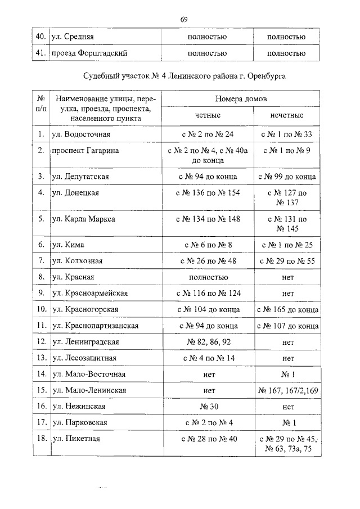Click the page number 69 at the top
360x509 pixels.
tap(183, 20)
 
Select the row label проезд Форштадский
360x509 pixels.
tap(87, 53)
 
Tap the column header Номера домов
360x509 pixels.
tap(240, 99)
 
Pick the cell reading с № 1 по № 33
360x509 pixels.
tap(287, 135)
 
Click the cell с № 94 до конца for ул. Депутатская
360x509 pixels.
tap(207, 177)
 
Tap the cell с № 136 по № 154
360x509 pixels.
tap(207, 193)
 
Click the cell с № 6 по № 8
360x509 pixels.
tap(207, 245)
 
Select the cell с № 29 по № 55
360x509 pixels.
tap(287, 261)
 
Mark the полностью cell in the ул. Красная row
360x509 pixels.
tap(207, 277)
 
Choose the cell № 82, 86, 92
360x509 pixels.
tap(207, 341)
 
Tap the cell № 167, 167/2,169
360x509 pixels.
tap(287, 390)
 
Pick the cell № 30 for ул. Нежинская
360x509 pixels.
tap(207, 406)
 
